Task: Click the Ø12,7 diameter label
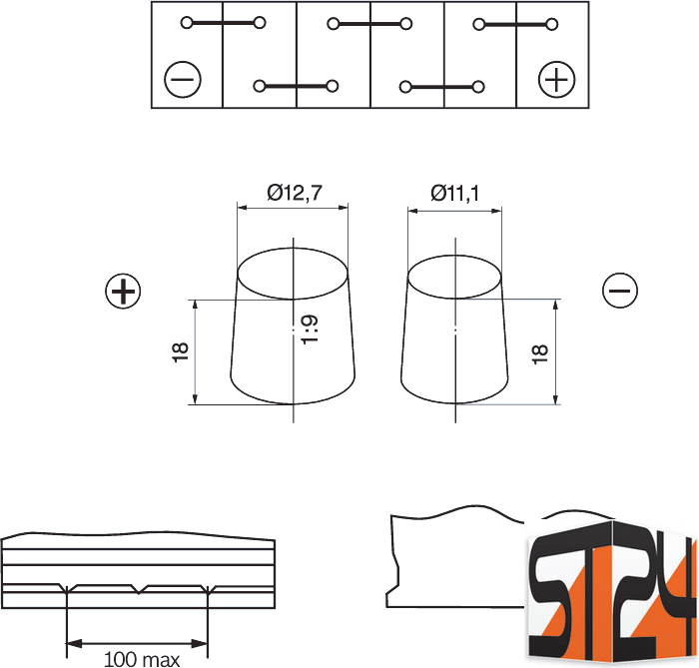point(295,193)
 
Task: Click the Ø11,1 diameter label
point(454,193)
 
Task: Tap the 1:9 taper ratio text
point(310,330)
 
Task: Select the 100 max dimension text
point(142,659)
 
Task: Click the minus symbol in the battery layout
point(183,80)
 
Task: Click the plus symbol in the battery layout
point(557,80)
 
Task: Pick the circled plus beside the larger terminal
point(123,292)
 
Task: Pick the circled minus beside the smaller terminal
point(620,291)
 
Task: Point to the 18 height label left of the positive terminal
point(180,352)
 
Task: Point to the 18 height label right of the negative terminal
point(540,354)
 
